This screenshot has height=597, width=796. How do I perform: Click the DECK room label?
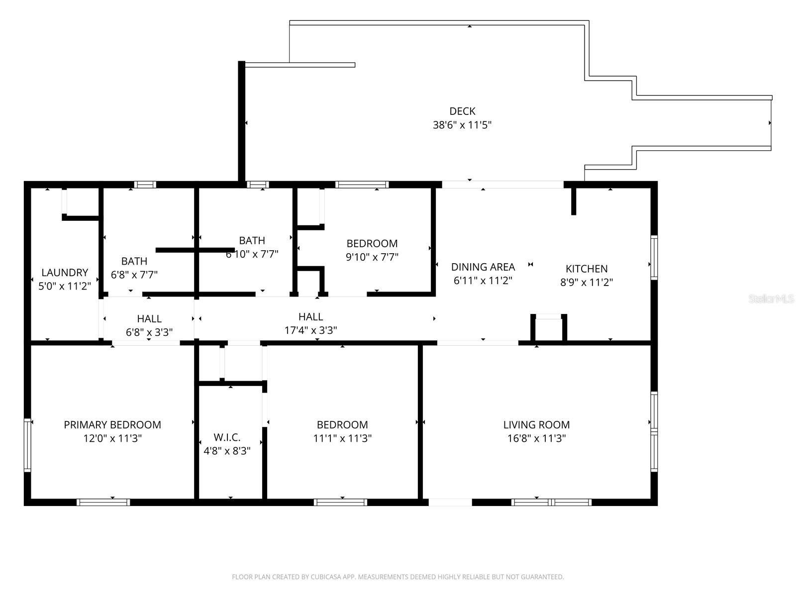462,111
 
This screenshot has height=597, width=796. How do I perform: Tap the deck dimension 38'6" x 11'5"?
462,125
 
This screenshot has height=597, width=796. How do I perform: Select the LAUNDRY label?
65,272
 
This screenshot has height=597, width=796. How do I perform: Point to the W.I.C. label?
227,437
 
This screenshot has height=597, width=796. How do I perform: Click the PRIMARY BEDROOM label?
112,424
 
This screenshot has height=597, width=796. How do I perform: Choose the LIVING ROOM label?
536,424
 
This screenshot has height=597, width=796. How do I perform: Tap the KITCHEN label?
587,269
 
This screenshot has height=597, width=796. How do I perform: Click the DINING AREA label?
483,267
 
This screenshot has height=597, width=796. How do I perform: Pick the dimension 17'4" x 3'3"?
311,330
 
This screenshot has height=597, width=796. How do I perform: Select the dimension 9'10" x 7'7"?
372,257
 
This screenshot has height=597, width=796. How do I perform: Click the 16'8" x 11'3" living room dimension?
536,438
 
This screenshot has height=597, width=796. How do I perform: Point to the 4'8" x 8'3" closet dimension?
227,451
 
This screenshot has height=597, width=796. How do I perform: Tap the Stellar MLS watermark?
771,298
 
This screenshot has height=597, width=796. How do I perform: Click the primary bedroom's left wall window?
27,445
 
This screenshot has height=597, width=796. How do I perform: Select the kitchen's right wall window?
654,257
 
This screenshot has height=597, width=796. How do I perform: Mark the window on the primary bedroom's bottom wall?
103,502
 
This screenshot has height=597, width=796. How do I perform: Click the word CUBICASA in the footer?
325,577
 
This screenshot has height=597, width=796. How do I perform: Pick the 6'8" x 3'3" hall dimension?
149,332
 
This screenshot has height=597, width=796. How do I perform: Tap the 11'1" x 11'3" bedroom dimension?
342,438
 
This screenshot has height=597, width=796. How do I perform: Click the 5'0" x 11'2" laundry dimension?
65,286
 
